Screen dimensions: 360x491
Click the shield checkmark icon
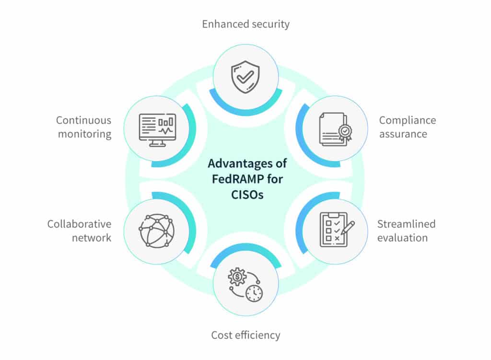click(x=245, y=76)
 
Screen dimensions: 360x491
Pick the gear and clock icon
click(x=245, y=284)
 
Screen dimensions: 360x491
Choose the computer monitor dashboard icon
click(x=157, y=128)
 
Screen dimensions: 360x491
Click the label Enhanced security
click(x=245, y=24)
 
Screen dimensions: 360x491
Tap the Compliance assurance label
click(x=408, y=127)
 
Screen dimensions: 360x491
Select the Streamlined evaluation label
click(x=406, y=231)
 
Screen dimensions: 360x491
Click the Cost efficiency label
click(x=245, y=335)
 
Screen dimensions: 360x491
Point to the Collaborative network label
click(x=79, y=231)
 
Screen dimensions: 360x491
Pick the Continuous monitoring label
click(x=84, y=127)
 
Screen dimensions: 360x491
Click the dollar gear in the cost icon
click(x=237, y=277)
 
